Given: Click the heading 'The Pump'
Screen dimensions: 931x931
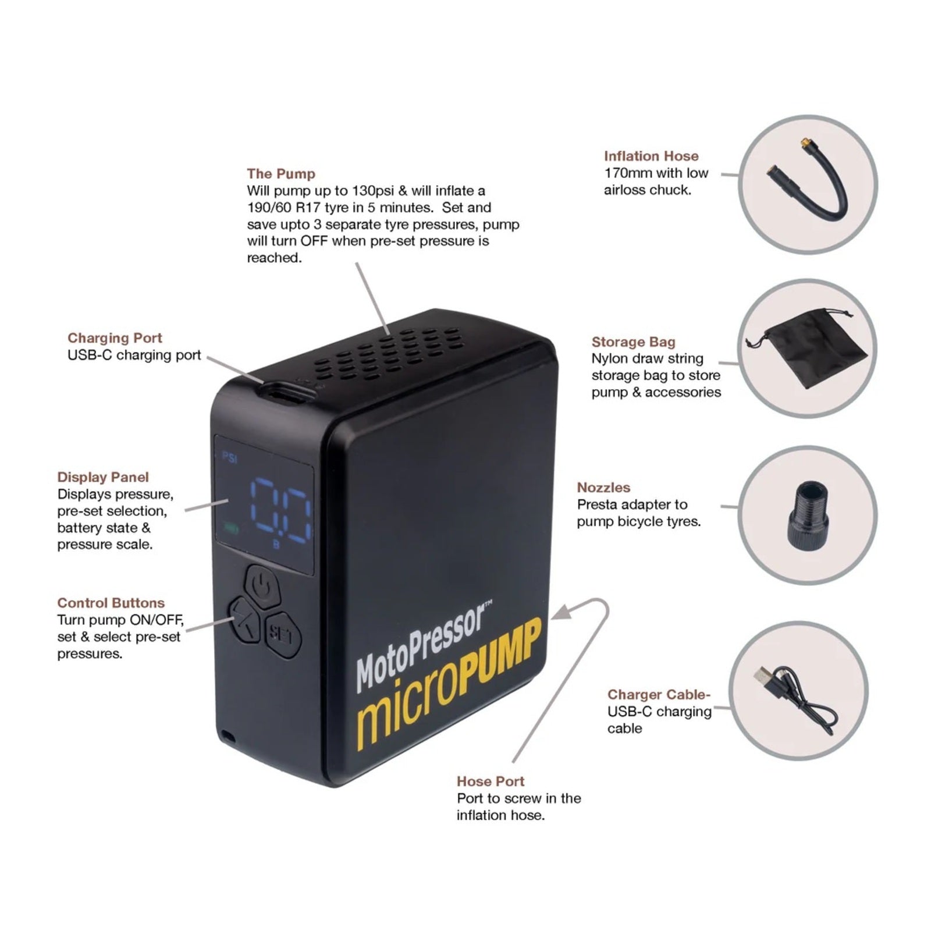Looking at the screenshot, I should [x=280, y=173].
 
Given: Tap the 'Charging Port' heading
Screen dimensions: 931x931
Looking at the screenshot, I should [x=115, y=337].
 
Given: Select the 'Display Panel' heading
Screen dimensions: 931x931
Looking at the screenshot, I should [x=103, y=477].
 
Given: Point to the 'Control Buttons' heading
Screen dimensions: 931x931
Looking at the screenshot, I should [x=111, y=603].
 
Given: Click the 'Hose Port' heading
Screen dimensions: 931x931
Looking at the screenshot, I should [x=491, y=781].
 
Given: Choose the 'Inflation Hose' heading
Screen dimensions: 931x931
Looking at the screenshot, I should [x=651, y=156].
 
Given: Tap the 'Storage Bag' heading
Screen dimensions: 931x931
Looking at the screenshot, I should [x=633, y=342].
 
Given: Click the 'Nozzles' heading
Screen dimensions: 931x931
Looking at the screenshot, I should [x=603, y=487].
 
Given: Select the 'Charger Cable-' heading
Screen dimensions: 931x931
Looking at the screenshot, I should [x=659, y=694].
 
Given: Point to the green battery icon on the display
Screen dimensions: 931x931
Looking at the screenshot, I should [x=231, y=528].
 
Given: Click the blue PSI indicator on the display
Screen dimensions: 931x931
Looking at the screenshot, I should [x=230, y=459].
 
